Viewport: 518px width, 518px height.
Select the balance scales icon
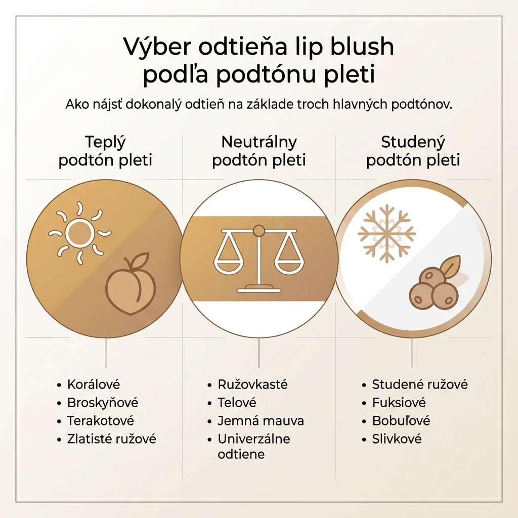coord(259,259)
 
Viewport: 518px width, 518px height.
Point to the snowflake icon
coord(386,234)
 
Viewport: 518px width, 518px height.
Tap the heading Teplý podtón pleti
coord(105,151)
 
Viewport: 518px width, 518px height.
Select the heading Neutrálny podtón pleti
coord(259,151)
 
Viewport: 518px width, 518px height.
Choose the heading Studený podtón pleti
coord(413,151)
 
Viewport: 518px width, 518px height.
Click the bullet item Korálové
coord(94,384)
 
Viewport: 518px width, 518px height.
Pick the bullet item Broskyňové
coord(103,403)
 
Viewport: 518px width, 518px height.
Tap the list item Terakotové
coord(101,421)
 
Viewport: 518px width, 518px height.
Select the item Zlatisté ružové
coord(112,439)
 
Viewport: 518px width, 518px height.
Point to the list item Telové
coord(237,403)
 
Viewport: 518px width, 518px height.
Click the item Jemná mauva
coord(261,421)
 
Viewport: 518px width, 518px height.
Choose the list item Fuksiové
coord(399,403)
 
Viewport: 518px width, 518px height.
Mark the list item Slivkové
coord(397,439)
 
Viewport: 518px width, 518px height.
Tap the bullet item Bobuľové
coord(401,421)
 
